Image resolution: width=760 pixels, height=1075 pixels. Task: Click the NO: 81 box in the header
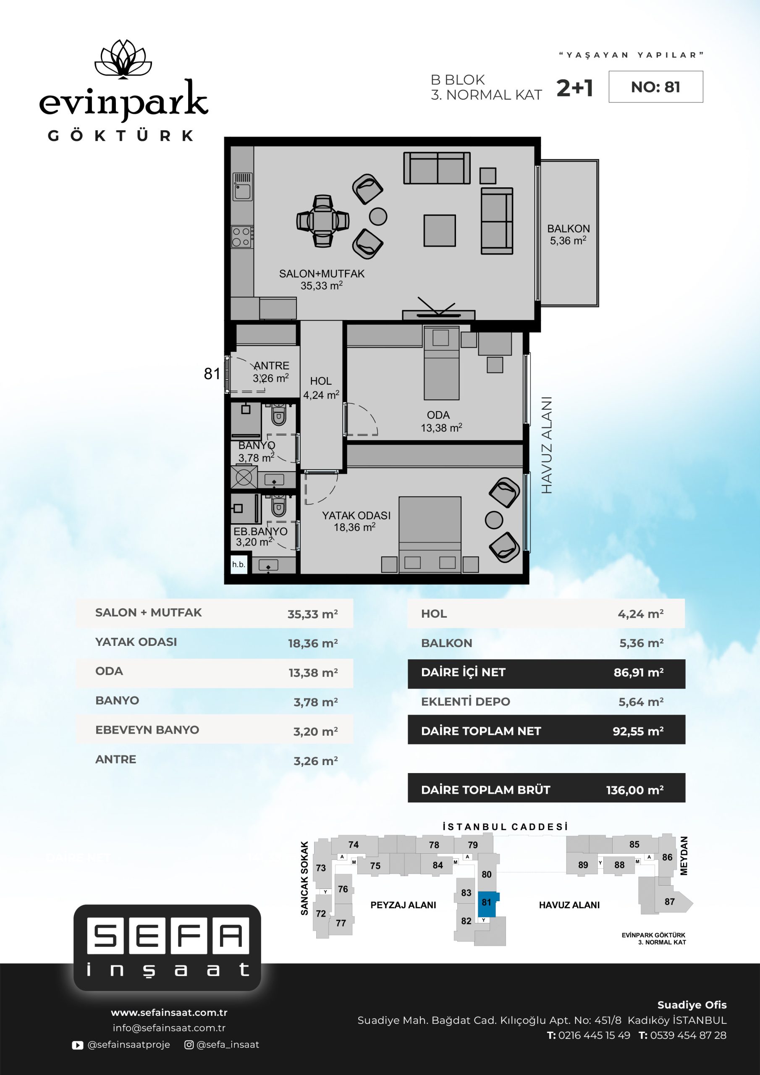click(x=655, y=87)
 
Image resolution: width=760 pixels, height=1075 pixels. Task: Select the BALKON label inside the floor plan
click(x=569, y=228)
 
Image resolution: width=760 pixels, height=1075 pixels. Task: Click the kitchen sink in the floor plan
click(x=243, y=186)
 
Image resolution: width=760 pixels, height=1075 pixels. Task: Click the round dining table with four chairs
click(x=322, y=220)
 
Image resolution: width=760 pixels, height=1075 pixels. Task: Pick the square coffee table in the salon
click(x=440, y=231)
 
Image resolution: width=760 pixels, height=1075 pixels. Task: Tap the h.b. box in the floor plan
click(x=239, y=564)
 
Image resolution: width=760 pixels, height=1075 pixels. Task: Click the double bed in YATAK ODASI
click(x=430, y=535)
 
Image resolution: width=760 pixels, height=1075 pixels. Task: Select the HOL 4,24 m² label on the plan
click(x=321, y=388)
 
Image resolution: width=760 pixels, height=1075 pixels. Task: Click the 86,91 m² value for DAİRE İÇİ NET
click(x=639, y=673)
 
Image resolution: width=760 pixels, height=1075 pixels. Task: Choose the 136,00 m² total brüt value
click(x=635, y=790)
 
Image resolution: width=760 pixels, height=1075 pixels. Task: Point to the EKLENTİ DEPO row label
click(x=466, y=701)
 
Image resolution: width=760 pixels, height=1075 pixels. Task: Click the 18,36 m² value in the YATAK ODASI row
click(x=313, y=643)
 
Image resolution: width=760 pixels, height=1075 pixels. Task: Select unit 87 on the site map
click(x=670, y=901)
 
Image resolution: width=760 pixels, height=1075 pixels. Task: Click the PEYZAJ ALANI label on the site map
click(x=403, y=905)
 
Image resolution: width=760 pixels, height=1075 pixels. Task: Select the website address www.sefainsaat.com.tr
click(x=169, y=1012)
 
